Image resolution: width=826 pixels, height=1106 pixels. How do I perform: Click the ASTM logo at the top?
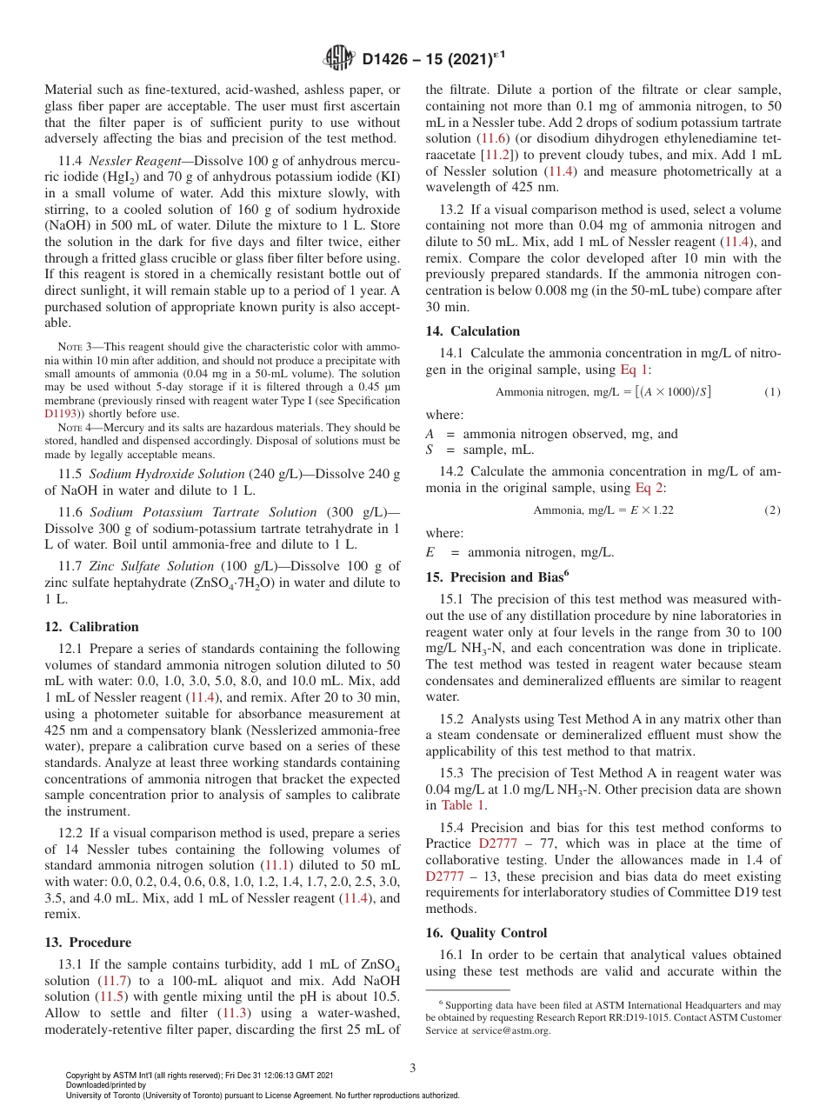(x=338, y=59)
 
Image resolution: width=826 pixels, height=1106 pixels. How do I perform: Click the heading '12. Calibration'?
(x=91, y=626)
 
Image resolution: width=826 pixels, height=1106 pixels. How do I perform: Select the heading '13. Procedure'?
(x=88, y=942)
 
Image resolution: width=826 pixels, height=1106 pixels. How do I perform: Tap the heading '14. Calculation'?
(x=473, y=330)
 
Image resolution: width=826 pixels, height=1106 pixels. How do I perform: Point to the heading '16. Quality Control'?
(x=486, y=932)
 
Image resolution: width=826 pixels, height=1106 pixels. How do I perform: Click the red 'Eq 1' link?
(x=634, y=370)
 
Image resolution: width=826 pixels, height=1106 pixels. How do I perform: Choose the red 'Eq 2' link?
(x=649, y=487)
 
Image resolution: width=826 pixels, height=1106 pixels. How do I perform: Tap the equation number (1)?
(x=772, y=392)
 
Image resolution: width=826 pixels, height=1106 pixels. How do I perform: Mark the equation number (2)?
(x=772, y=510)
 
